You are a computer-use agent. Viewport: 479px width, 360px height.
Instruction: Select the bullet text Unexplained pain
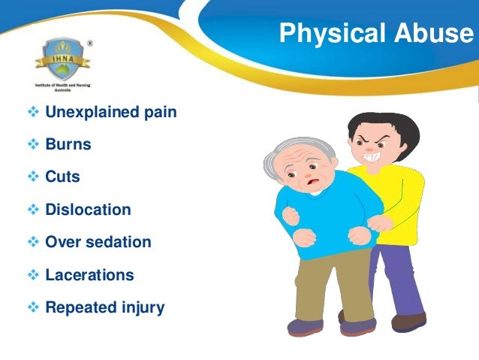tap(111, 113)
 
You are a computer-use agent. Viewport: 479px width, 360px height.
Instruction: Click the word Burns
tap(68, 145)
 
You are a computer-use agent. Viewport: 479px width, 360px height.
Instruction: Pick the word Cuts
tap(62, 178)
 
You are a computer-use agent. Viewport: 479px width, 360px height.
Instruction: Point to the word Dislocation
tap(88, 210)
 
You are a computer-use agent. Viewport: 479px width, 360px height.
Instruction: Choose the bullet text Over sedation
tap(98, 243)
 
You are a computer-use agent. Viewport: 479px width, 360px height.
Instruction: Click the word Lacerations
tap(89, 275)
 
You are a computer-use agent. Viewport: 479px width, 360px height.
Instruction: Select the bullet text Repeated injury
tap(104, 307)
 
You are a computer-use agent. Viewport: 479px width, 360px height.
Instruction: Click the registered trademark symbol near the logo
tap(90, 43)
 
